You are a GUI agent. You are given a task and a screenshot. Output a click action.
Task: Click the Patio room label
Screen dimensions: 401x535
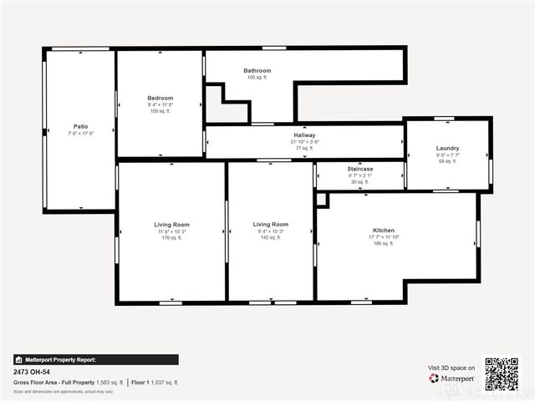80,126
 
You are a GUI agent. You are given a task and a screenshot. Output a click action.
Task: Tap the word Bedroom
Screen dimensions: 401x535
160,98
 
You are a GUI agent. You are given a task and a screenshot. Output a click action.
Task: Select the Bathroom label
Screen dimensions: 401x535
257,71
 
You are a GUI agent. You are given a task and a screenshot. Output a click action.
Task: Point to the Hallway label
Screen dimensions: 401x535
304,135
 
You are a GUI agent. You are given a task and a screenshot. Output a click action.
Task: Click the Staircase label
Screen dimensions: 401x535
360,169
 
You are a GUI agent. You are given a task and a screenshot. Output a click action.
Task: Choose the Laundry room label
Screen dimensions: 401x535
447,148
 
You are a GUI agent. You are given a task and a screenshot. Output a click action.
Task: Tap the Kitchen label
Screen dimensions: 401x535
384,230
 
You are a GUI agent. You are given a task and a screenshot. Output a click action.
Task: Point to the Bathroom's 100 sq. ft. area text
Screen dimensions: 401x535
257,78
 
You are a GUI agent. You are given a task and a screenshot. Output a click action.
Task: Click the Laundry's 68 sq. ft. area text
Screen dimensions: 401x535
447,161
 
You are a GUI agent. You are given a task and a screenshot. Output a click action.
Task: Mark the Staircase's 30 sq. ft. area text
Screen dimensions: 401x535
360,182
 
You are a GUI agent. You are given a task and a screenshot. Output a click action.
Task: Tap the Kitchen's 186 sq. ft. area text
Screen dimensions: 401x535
384,243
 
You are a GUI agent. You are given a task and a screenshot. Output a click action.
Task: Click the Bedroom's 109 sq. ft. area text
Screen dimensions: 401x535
160,111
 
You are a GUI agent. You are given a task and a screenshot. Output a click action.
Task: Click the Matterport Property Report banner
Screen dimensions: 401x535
95,360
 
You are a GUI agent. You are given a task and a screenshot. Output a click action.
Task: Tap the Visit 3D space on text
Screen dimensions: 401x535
451,368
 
